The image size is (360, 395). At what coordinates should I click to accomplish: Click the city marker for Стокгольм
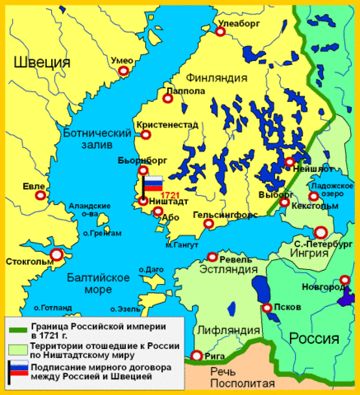[56, 255]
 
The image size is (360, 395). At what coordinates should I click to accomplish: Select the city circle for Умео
[124, 72]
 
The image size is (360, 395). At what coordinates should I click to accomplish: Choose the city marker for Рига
[196, 355]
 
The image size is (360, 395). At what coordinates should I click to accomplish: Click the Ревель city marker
[213, 257]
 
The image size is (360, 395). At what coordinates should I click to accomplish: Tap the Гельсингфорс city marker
[208, 222]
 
